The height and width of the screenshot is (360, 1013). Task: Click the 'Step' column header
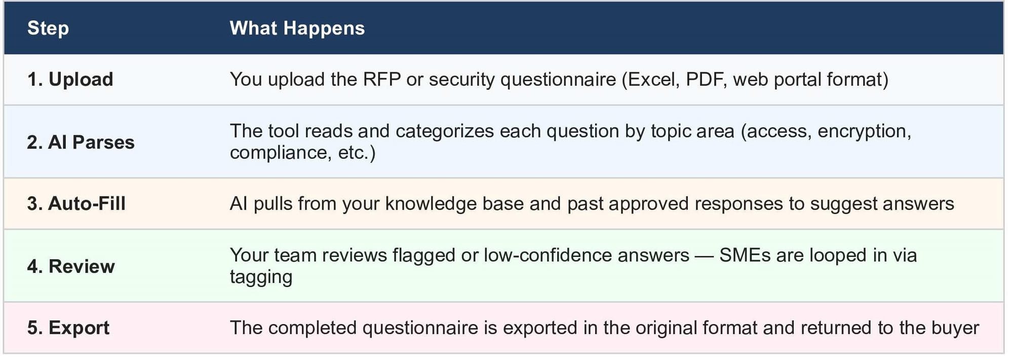click(48, 28)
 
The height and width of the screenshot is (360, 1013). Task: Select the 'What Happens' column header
click(297, 28)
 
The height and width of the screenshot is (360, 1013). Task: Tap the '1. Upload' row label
click(70, 79)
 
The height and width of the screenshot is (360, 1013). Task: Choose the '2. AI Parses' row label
click(81, 142)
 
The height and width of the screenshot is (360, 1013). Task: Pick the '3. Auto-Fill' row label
click(76, 204)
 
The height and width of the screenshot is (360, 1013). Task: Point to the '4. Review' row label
click(71, 266)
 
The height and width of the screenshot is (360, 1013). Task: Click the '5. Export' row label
click(68, 328)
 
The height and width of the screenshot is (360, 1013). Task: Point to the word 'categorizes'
click(445, 131)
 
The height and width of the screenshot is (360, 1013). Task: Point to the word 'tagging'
click(261, 277)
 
